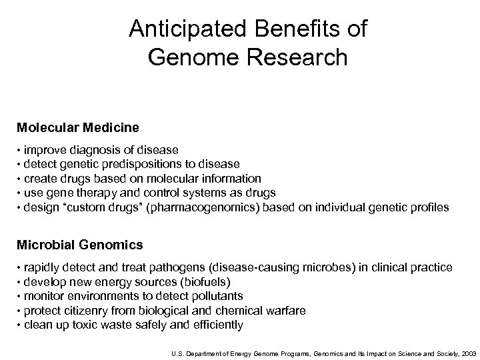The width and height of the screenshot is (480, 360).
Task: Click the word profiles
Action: [427, 207]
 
